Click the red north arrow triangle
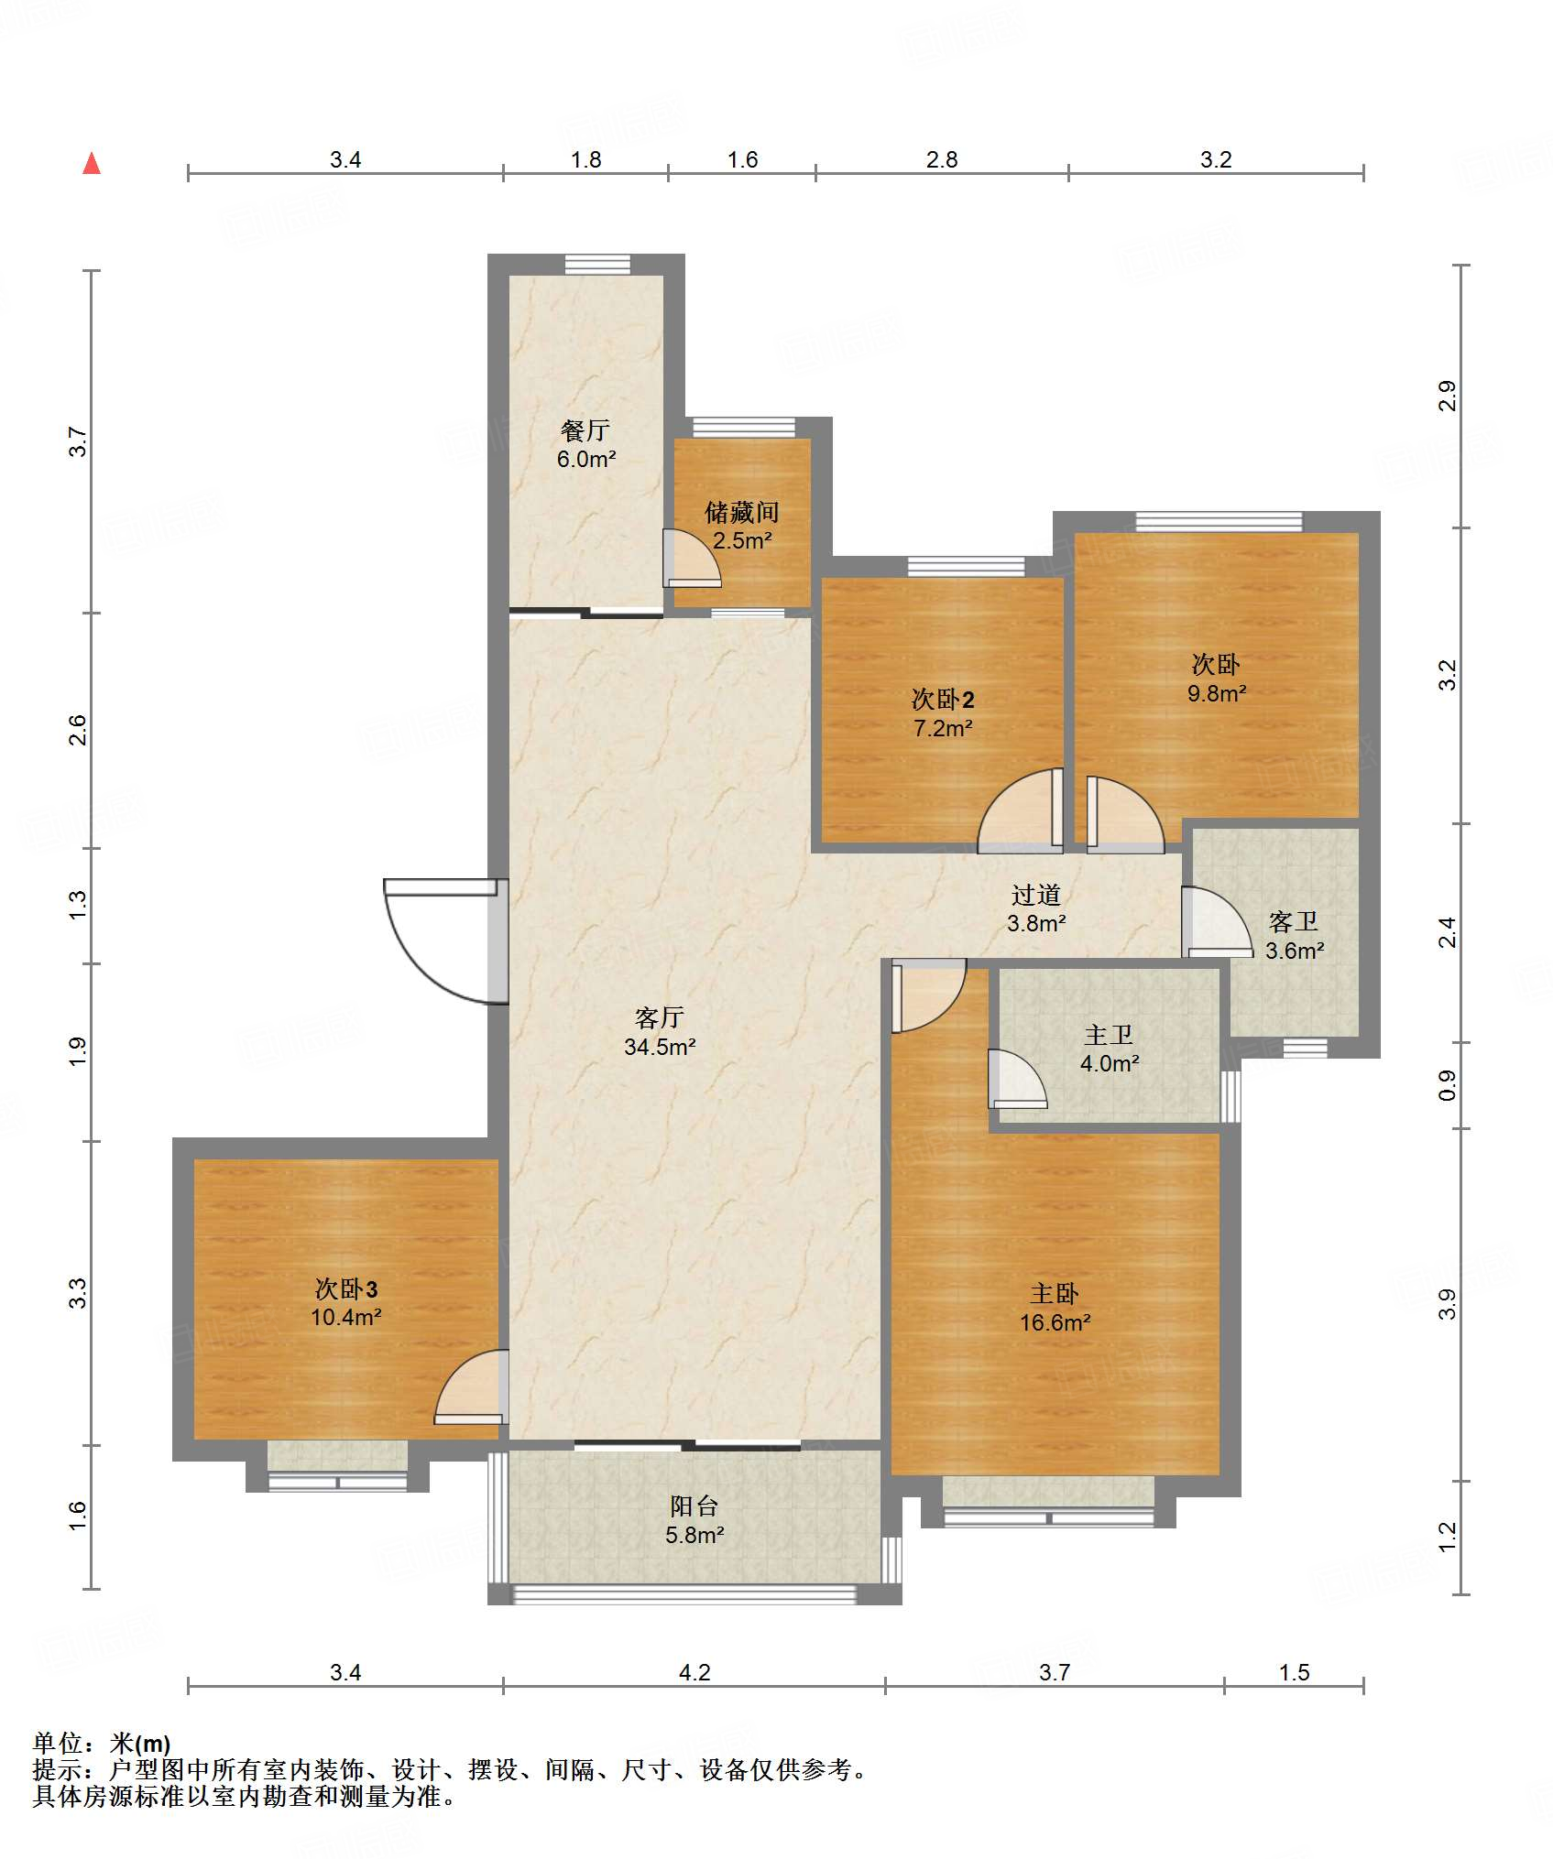[92, 163]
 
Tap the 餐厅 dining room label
[585, 430]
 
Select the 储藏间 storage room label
[742, 512]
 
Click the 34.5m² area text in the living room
[660, 1047]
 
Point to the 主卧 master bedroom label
[1055, 1294]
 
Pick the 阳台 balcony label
[694, 1506]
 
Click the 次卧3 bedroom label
[346, 1289]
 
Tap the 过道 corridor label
[1036, 895]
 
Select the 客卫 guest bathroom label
[1294, 921]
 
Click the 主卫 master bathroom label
[1109, 1035]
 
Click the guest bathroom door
[1217, 922]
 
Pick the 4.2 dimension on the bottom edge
[694, 1672]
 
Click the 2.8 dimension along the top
[942, 159]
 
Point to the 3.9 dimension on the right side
[1447, 1304]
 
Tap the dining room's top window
[597, 265]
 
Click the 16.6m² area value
[1055, 1322]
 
